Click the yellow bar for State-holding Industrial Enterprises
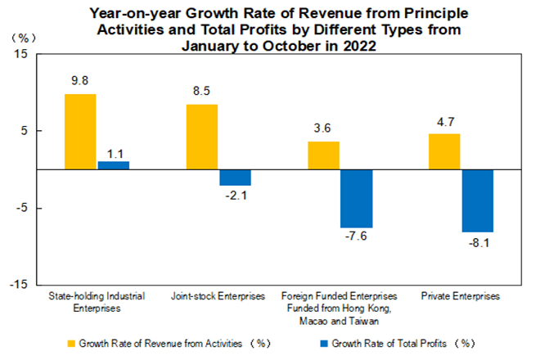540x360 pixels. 80,132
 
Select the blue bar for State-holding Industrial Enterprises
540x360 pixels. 114,165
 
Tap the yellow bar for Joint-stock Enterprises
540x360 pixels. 202,137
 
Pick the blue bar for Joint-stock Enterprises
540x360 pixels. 235,178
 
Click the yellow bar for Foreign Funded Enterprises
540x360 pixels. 323,155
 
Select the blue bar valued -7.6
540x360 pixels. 357,199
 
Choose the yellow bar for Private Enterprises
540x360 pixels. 444,151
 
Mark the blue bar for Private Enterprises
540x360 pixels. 478,201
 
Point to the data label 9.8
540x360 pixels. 80,82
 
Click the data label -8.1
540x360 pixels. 478,245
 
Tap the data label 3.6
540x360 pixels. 323,129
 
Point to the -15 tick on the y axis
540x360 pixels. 20,285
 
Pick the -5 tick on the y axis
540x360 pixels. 22,208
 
